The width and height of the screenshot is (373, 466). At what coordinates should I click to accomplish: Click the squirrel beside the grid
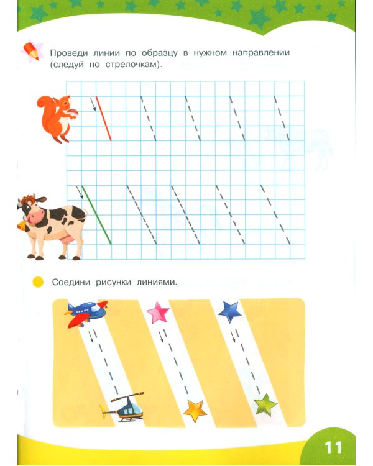tap(57, 118)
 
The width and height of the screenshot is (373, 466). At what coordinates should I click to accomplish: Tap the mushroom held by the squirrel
tap(73, 113)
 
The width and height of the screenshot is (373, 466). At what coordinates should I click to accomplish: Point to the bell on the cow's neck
tap(21, 226)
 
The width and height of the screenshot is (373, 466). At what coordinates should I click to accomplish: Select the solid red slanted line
tap(104, 118)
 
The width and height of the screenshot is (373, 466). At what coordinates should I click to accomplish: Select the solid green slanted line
tap(96, 215)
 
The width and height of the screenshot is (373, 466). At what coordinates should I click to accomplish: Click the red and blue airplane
tap(86, 313)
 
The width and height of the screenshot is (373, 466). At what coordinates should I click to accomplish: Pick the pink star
tap(158, 312)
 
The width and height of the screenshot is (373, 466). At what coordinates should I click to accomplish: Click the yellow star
tap(195, 411)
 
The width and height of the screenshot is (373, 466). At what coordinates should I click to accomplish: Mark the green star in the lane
tap(265, 404)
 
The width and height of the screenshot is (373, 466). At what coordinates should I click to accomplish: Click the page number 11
tap(333, 447)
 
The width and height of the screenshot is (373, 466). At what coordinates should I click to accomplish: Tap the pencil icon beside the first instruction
tap(32, 51)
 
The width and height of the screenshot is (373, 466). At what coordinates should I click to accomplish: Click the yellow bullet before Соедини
tap(38, 282)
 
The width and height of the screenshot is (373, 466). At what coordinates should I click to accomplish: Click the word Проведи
tap(69, 53)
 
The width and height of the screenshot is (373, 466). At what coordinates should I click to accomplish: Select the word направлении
tap(261, 53)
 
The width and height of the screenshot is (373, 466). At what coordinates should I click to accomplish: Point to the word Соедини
tap(71, 282)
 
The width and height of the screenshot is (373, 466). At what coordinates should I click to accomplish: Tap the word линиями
tap(157, 282)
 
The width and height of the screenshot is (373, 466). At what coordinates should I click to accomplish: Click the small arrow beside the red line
tap(93, 104)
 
